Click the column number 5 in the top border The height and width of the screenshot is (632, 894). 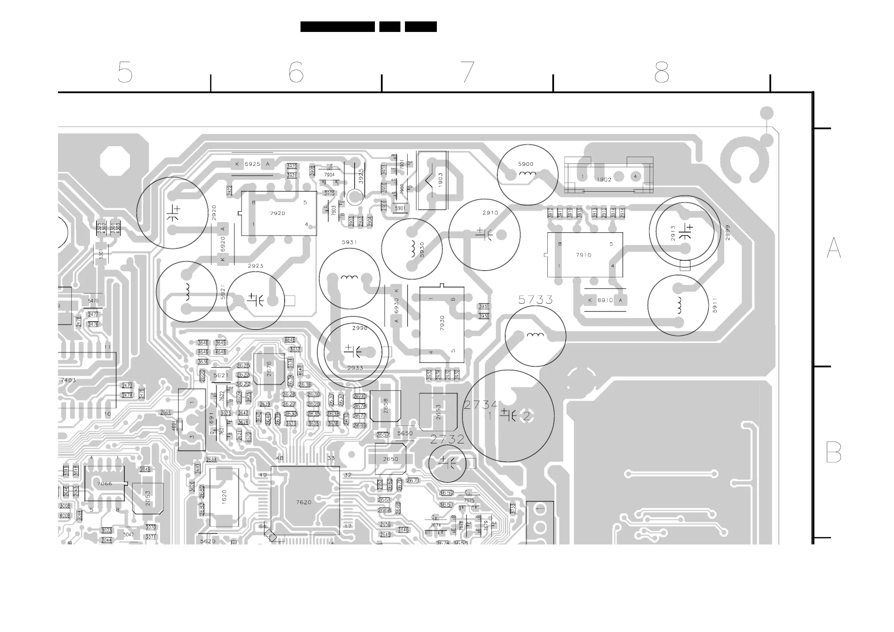125,72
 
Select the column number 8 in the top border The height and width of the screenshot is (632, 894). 661,72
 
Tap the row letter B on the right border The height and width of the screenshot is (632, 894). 833,452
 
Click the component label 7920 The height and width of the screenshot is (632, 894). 277,213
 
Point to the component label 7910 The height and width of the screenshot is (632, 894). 583,255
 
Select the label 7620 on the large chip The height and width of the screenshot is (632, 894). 304,502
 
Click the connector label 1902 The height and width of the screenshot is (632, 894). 604,180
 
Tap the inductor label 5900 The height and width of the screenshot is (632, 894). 526,164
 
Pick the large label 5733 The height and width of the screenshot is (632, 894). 535,299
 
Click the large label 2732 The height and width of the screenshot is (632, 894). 447,439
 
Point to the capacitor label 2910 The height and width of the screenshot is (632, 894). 490,213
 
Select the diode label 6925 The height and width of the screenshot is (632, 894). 252,164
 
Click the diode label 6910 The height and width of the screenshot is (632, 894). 605,300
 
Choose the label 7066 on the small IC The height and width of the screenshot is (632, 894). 104,484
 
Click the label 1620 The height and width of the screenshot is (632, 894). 224,497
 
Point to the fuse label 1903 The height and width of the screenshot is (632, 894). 440,180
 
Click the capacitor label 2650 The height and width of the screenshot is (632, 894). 390,459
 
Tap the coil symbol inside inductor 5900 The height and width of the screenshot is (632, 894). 527,174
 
